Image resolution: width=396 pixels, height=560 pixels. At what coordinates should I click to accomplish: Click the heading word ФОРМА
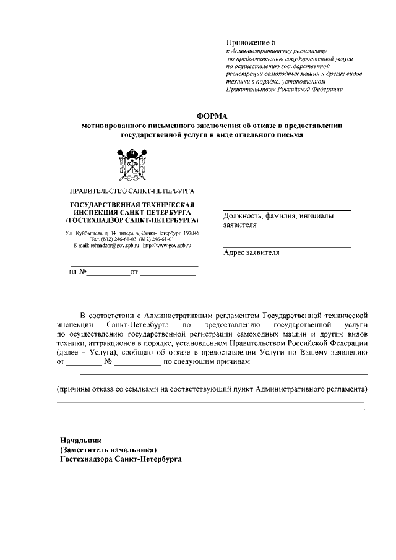point(212,115)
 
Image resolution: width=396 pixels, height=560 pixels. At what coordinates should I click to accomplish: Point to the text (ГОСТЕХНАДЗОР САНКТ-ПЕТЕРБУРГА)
point(132,220)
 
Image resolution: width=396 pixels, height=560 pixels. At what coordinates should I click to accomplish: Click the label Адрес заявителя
point(252,253)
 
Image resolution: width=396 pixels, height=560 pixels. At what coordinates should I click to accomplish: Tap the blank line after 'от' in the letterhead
point(167,274)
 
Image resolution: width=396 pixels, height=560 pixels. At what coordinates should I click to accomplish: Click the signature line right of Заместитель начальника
point(319,455)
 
